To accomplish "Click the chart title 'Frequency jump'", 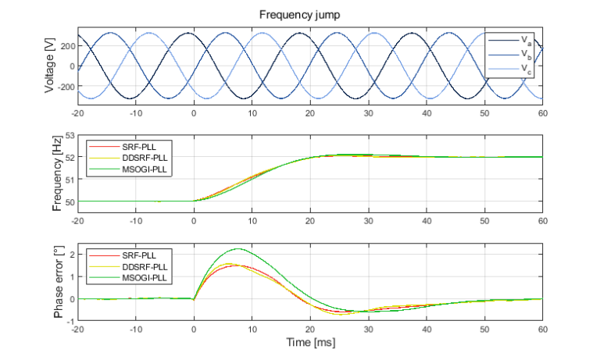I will tap(310, 15).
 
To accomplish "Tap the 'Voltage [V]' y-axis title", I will tap(50, 66).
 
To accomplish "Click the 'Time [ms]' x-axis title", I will tap(310, 341).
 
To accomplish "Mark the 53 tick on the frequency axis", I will tap(69, 135).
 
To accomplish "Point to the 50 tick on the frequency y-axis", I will tap(69, 201).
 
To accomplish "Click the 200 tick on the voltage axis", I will tap(66, 47).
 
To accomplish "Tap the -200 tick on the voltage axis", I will tap(64, 86).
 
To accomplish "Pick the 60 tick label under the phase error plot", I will tap(542, 330).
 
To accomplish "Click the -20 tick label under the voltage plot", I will tap(77, 113).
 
